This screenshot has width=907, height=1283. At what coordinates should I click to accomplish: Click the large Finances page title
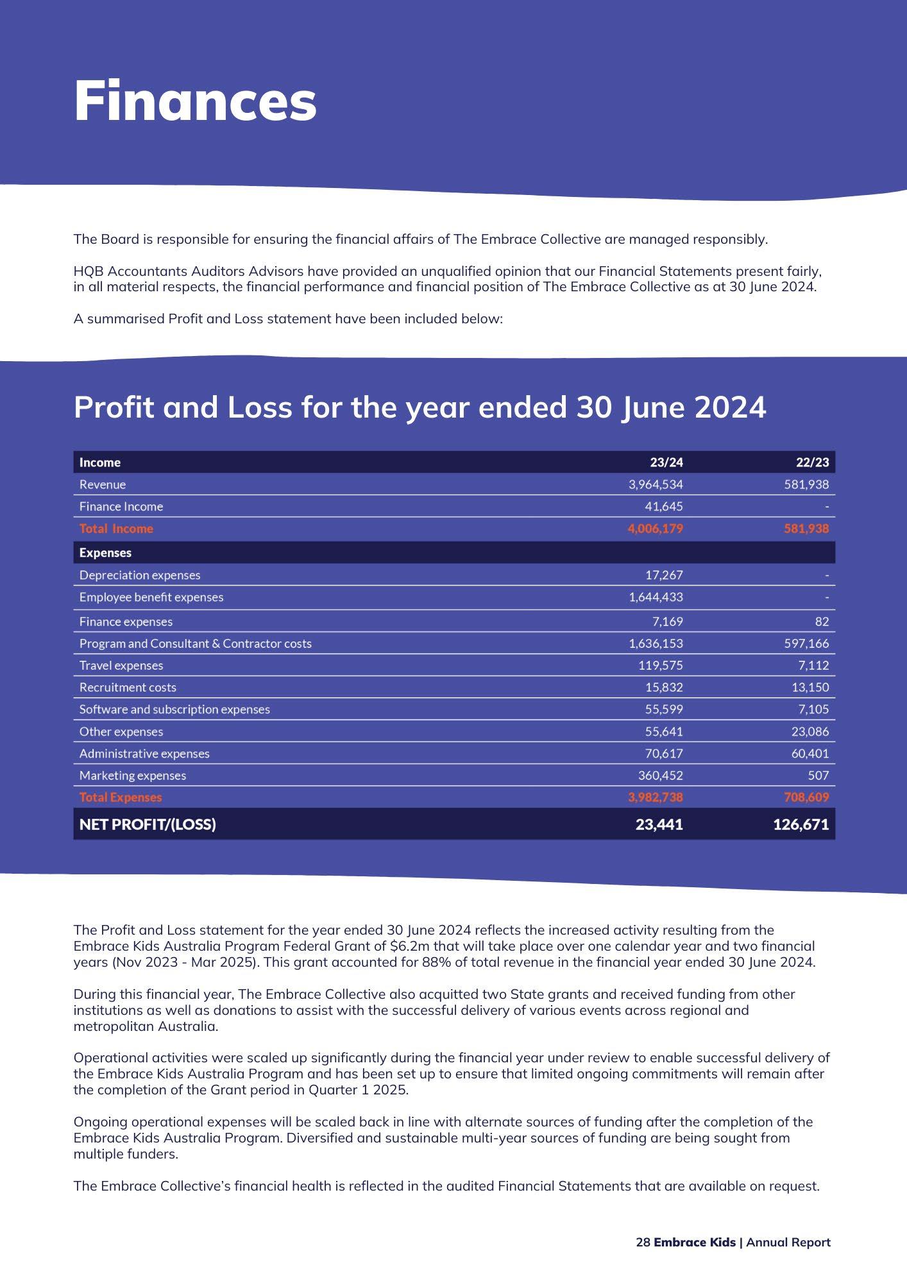[x=195, y=101]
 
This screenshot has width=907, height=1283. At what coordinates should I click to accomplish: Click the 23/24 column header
[x=666, y=463]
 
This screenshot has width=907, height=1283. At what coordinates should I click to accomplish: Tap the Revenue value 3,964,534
[x=656, y=484]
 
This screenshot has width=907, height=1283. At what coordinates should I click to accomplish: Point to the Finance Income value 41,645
[x=663, y=506]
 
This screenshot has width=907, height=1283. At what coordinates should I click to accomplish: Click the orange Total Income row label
[x=116, y=529]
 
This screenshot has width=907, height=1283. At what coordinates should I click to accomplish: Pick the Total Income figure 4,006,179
[x=655, y=529]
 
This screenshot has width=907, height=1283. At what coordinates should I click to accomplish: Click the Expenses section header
[x=105, y=552]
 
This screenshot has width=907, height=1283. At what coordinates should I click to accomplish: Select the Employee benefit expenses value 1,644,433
[x=656, y=597]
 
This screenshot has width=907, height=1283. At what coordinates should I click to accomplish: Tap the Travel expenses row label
[x=121, y=665]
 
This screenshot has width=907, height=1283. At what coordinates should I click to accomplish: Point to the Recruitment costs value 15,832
[x=664, y=687]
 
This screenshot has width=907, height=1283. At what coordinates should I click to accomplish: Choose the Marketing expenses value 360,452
[x=660, y=776]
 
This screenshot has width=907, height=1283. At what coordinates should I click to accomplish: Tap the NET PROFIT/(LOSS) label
[x=148, y=824]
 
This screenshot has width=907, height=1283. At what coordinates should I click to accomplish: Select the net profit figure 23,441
[x=659, y=824]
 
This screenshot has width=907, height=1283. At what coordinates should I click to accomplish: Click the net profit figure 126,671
[x=801, y=824]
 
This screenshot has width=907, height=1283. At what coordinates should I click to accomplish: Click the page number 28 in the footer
[x=643, y=1242]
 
